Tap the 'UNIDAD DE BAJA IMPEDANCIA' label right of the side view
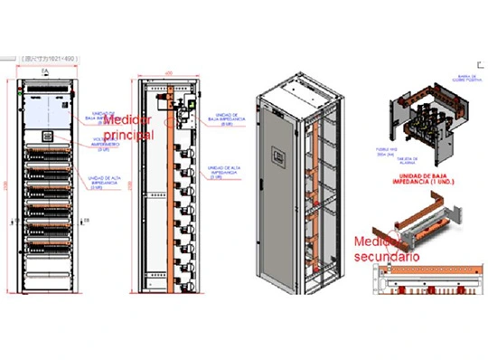[x=223, y=118]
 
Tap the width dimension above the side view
[x=168, y=72]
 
